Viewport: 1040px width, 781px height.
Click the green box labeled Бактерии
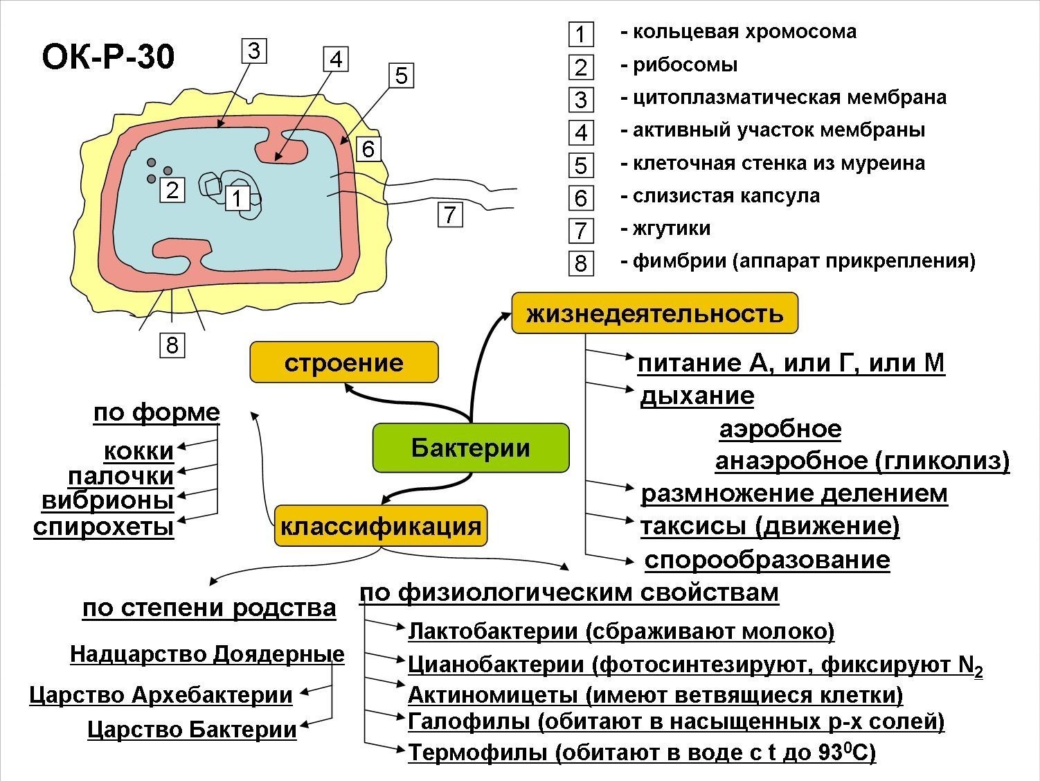point(471,448)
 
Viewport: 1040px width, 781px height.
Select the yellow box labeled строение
point(344,362)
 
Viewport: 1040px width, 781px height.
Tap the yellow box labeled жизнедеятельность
point(654,313)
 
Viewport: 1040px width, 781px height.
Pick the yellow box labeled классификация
point(380,526)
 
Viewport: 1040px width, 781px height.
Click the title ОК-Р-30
point(108,58)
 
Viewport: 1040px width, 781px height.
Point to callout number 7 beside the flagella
point(450,215)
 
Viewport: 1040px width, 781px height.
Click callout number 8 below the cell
point(172,344)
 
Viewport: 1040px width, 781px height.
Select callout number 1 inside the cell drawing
point(237,199)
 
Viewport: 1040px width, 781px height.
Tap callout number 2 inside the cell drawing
point(172,189)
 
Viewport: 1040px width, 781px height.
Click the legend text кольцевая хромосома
point(744,32)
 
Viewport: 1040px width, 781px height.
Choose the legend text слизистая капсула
point(726,196)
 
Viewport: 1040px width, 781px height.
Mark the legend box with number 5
point(580,166)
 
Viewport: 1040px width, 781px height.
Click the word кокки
point(138,451)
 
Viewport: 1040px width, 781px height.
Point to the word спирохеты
point(104,527)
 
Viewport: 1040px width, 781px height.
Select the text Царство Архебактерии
point(161,695)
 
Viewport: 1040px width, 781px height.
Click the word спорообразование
point(767,560)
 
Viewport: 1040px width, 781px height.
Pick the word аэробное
point(780,429)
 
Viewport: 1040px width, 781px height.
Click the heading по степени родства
point(209,608)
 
